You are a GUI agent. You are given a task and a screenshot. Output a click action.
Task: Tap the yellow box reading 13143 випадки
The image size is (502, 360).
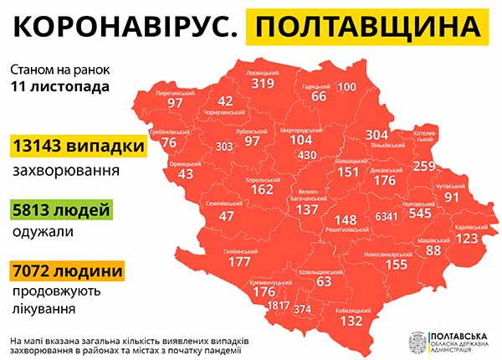pos(78,147)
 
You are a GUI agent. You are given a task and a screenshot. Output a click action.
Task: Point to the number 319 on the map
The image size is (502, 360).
pos(263,83)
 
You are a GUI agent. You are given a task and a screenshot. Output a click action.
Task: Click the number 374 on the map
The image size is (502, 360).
pos(303,309)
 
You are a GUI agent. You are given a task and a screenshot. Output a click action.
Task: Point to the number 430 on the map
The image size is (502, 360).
pos(306,155)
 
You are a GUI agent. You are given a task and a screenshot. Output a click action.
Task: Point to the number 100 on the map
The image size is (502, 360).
pos(346,87)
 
